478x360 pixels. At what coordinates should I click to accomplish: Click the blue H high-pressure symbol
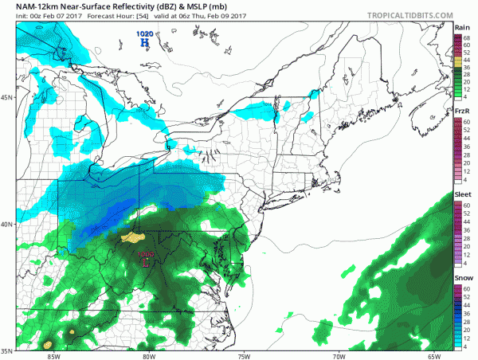coord(144,43)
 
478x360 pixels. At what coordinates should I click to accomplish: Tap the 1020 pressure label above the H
coord(144,33)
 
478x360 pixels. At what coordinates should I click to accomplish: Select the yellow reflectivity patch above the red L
coord(131,237)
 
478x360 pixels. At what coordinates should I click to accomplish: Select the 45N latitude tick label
coord(7,97)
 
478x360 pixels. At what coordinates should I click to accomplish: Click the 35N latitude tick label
coord(7,350)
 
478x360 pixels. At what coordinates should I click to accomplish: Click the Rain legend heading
coord(460,27)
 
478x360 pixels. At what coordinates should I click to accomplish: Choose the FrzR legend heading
coord(460,110)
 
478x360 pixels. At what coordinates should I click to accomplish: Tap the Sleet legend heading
coord(460,194)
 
